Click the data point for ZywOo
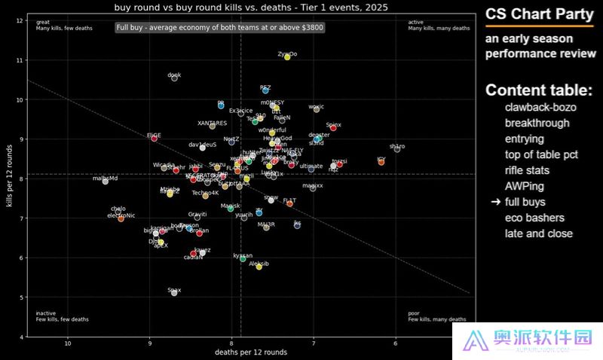pos(287,57)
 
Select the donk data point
pos(174,78)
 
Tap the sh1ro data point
pos(397,149)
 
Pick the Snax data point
pos(174,292)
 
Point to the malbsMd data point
pos(106,182)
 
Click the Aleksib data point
pos(259,267)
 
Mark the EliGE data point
pos(155,138)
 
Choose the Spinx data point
pos(333,128)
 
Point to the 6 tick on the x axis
pos(395,344)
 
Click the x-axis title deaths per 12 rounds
pos(251,352)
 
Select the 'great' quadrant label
pos(42,22)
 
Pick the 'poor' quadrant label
pos(413,313)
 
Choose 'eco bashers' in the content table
pos(534,218)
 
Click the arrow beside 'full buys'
pos(495,202)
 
